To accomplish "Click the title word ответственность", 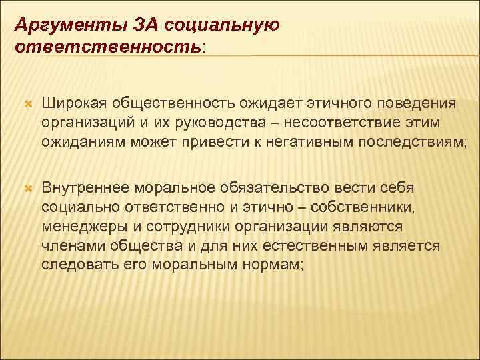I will (106, 48).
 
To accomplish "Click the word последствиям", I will (404, 141).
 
